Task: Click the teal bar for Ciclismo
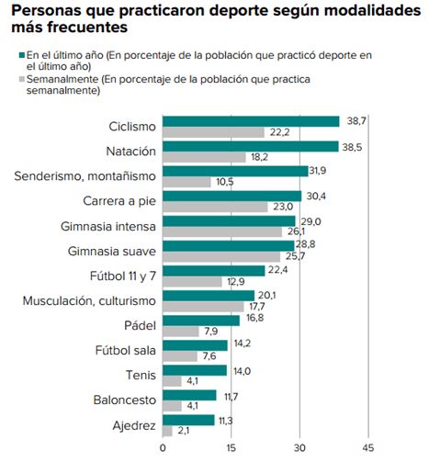click(251, 121)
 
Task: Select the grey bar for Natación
click(204, 157)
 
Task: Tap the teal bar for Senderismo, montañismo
click(235, 172)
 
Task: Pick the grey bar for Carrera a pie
click(215, 207)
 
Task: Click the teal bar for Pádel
click(201, 321)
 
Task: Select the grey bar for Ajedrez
click(167, 431)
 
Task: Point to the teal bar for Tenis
click(195, 370)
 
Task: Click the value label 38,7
click(356, 121)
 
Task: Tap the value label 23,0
click(283, 207)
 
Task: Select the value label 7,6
click(209, 356)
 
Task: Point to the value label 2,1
click(184, 431)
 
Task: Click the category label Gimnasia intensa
click(108, 227)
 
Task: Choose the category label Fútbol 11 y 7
click(123, 276)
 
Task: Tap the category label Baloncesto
click(125, 400)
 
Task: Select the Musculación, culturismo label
click(89, 301)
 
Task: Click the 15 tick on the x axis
click(231, 448)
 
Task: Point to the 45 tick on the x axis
click(368, 448)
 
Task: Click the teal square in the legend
click(22, 55)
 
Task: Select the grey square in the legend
click(22, 79)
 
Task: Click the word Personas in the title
click(47, 10)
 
